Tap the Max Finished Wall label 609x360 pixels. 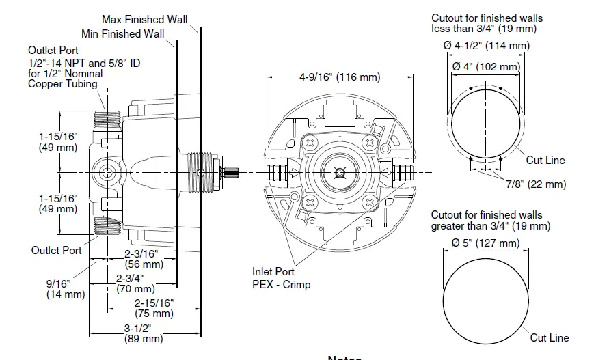coord(144,19)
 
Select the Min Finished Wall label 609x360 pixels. coord(123,33)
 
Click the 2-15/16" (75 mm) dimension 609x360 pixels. coord(154,308)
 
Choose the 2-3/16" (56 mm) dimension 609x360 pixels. coord(144,259)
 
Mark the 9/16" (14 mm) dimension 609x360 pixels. coord(66,289)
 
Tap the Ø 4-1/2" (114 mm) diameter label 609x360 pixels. coord(486,46)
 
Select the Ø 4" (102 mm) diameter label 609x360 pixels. coord(486,67)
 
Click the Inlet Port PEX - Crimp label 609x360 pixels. coord(281,278)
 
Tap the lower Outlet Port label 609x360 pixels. coord(56,250)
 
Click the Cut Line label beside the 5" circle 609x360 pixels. coord(549,337)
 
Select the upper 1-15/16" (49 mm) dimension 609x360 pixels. coord(58,141)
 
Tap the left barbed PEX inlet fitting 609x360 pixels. coord(278,171)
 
